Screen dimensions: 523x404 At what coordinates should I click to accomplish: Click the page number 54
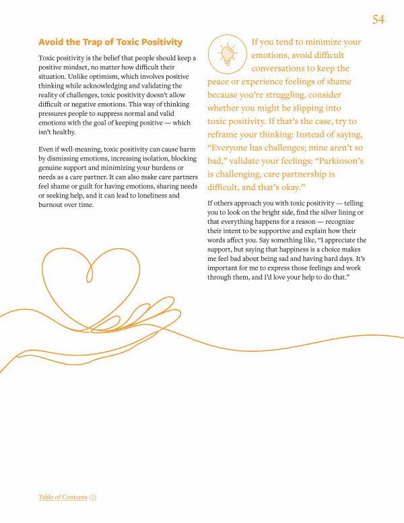click(x=378, y=20)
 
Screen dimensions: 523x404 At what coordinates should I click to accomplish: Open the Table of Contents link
click(x=63, y=497)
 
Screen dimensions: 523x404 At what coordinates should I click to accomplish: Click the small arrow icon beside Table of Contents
click(x=93, y=497)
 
